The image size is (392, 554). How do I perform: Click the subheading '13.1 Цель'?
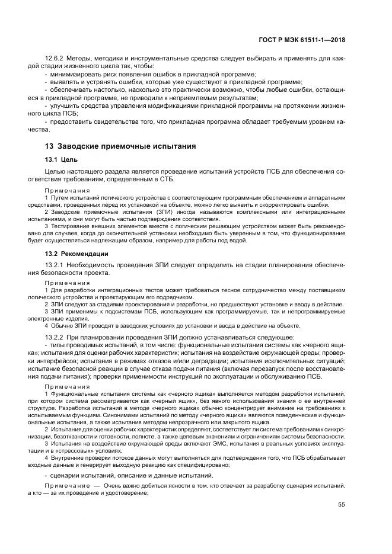(60, 159)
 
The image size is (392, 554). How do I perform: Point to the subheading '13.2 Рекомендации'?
(74, 254)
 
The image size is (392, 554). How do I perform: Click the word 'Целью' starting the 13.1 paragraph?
(55, 171)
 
